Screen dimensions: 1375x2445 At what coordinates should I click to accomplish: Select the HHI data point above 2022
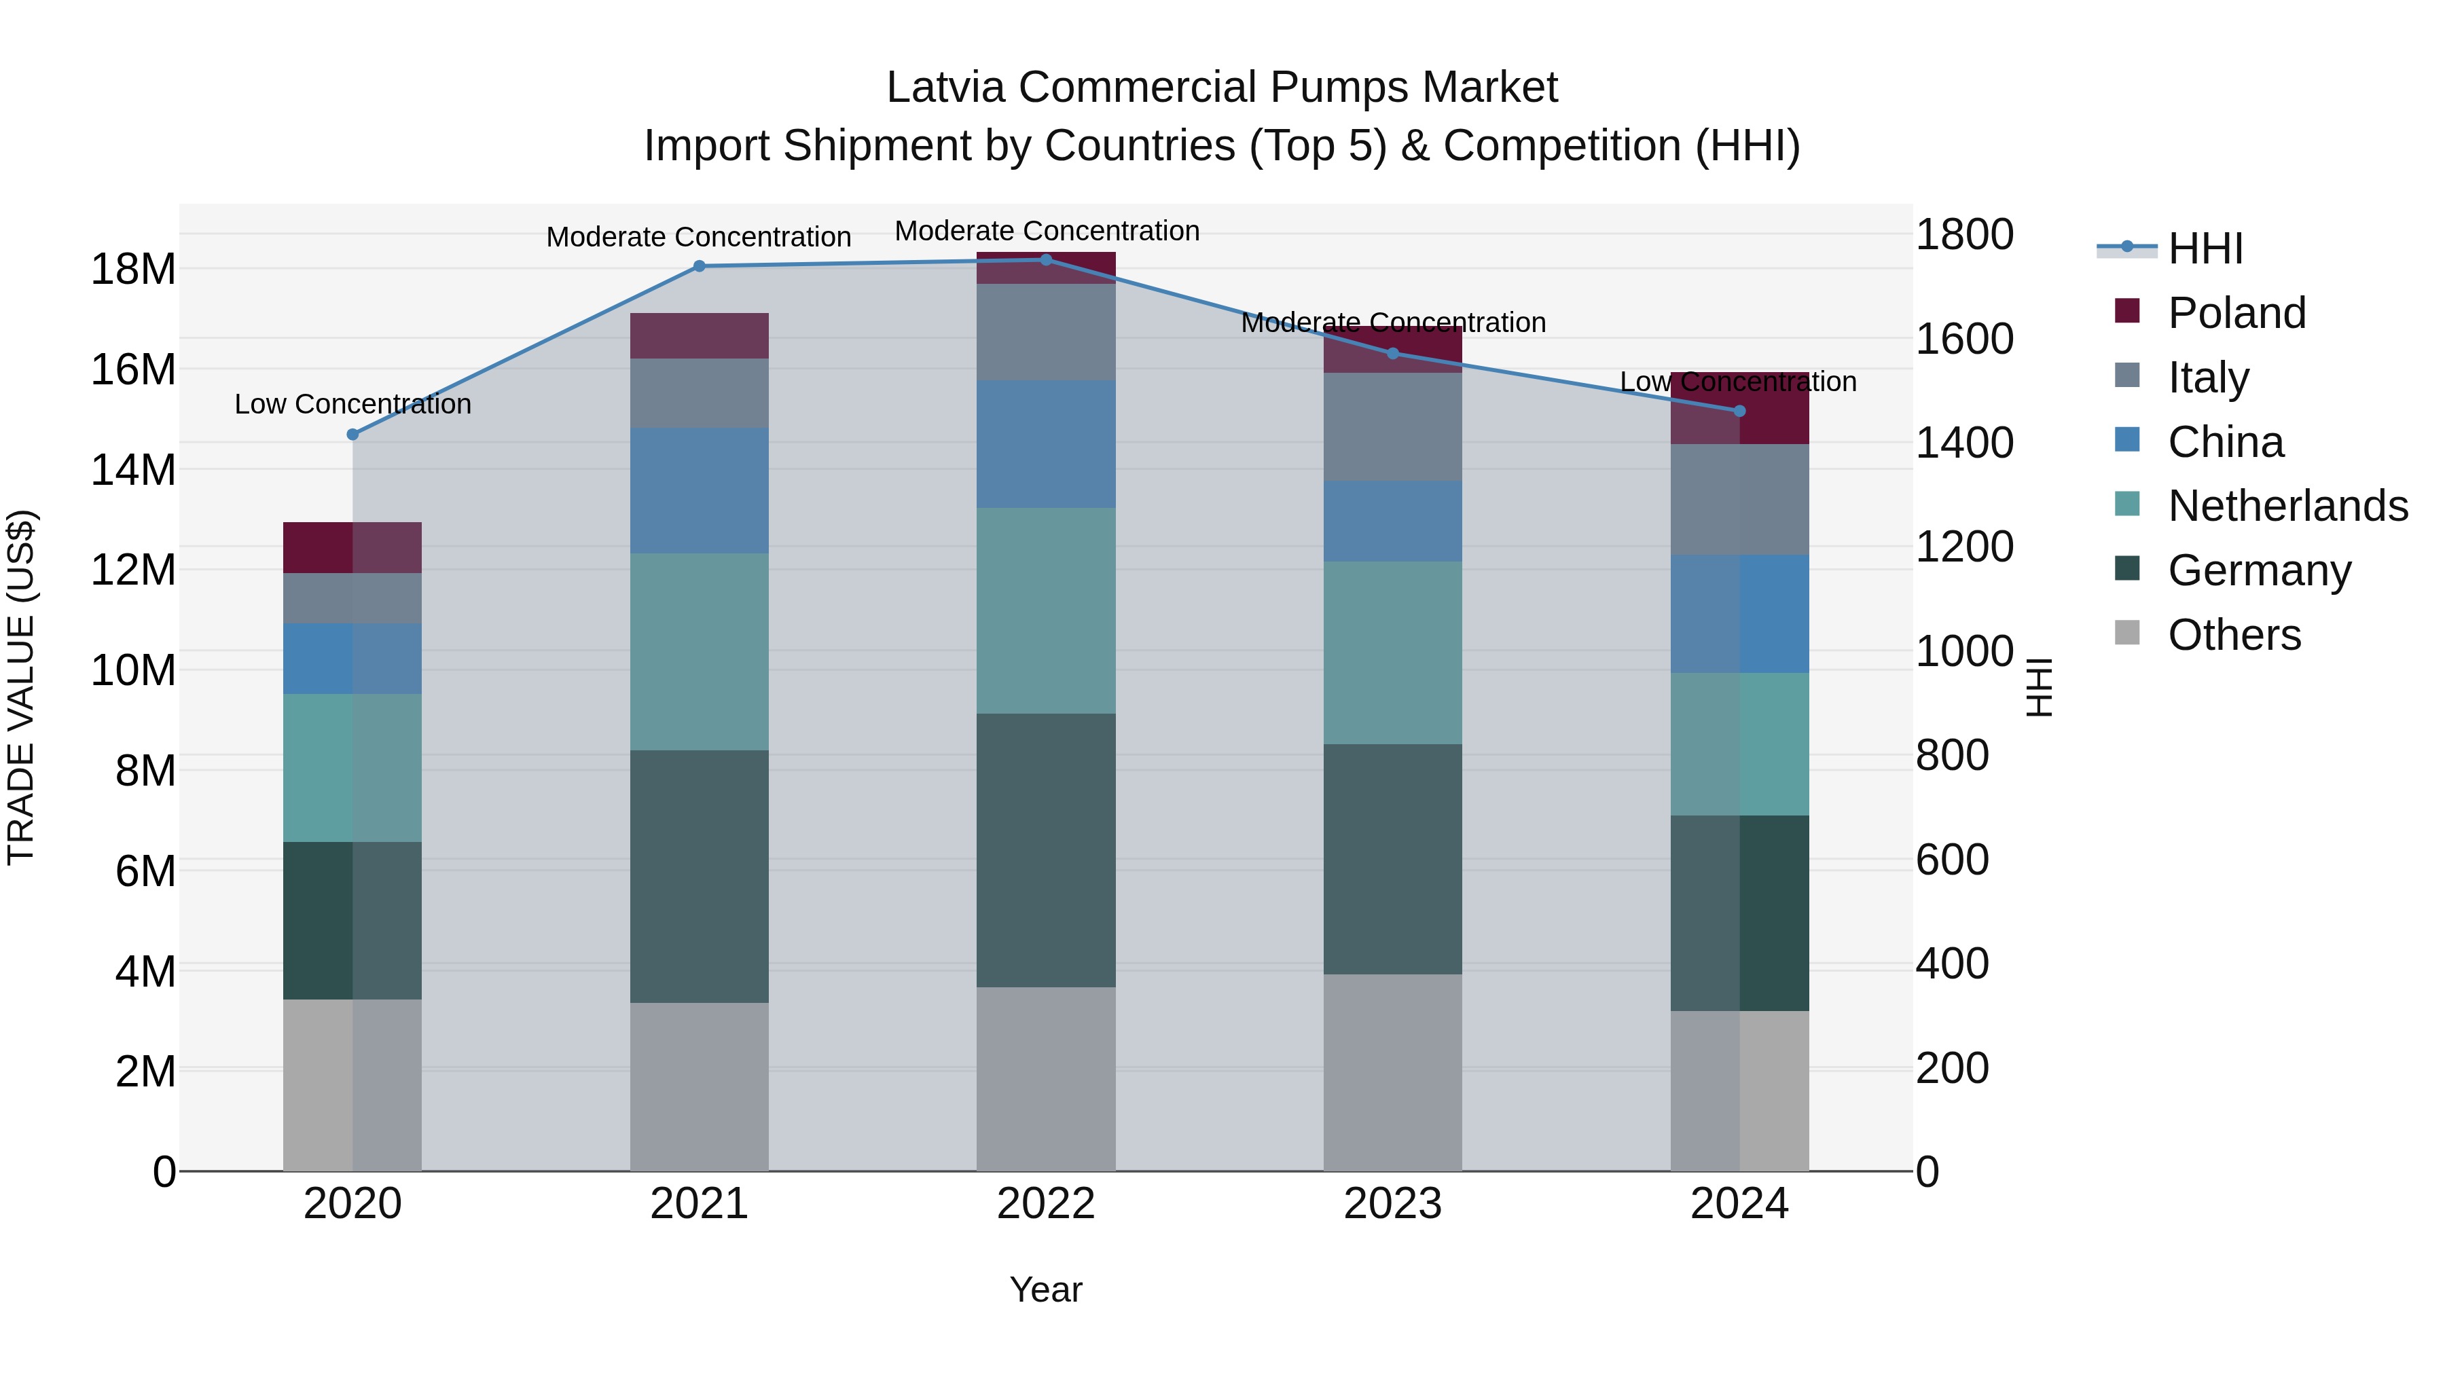[1046, 260]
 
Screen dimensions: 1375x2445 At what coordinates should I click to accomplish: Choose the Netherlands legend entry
[2287, 506]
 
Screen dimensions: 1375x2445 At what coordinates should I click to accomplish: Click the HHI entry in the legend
[2204, 249]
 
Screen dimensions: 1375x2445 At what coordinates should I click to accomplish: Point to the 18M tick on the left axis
[133, 270]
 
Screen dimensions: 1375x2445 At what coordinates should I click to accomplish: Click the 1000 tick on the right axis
[1963, 651]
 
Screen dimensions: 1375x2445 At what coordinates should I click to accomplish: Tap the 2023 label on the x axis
[1392, 1204]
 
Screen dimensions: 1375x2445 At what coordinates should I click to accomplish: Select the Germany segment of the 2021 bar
[699, 876]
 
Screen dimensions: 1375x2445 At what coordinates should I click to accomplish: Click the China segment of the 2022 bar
[1046, 444]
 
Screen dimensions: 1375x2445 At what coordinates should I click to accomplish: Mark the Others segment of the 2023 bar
[1392, 1072]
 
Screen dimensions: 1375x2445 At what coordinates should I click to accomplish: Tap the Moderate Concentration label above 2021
[699, 237]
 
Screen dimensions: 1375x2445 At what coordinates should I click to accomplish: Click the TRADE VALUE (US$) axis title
[21, 687]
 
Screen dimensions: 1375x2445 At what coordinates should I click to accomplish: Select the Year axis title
[1045, 1289]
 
